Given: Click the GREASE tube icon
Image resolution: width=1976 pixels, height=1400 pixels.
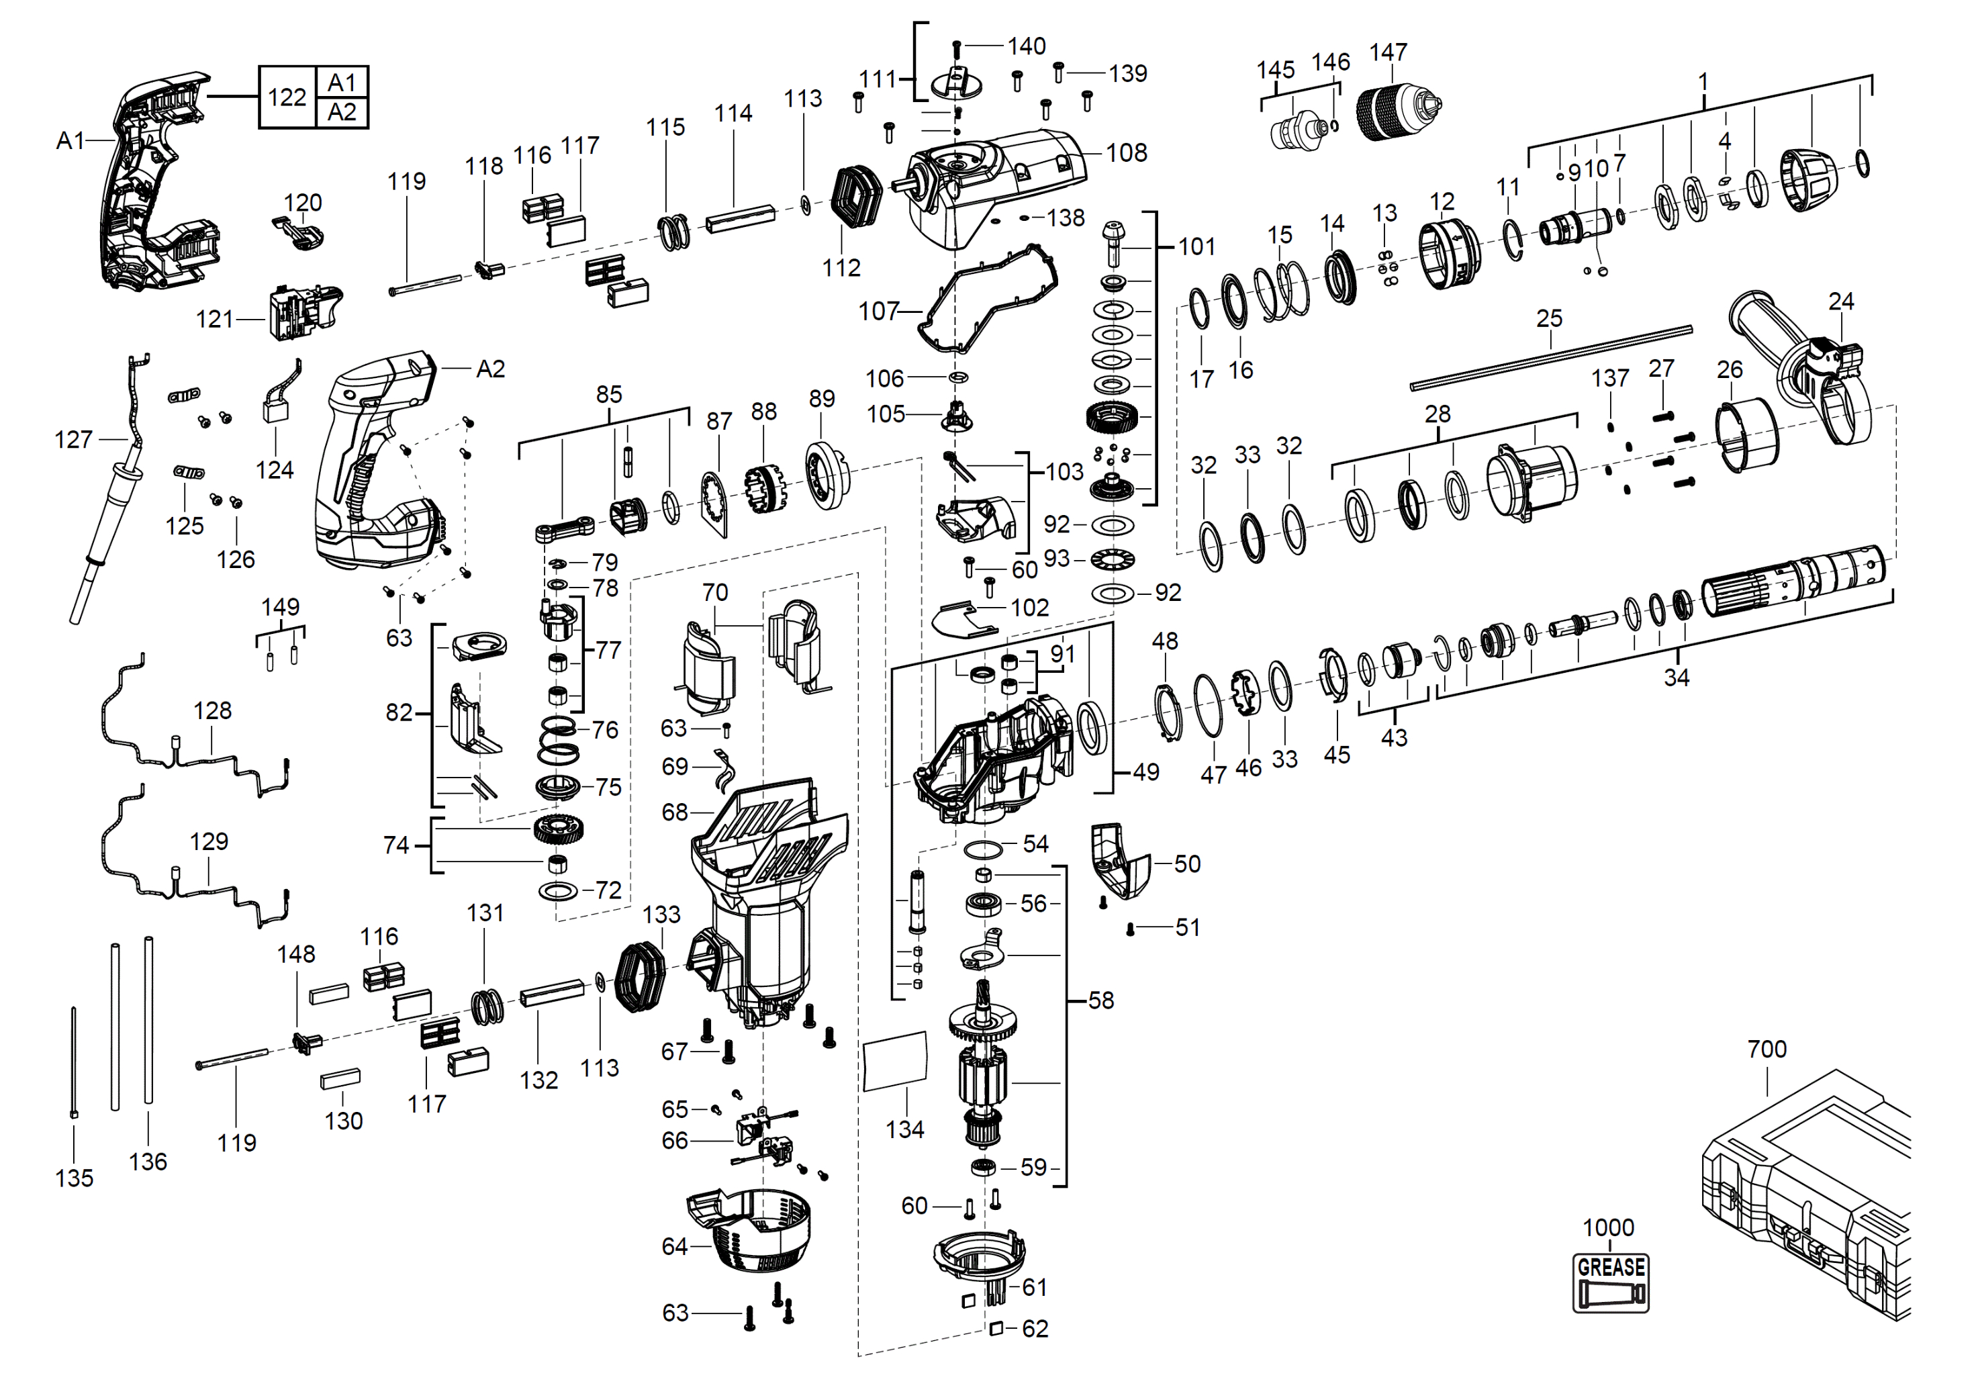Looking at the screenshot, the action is pyautogui.click(x=1611, y=1282).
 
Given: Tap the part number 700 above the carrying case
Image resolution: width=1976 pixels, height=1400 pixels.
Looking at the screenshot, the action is pyautogui.click(x=1767, y=1048).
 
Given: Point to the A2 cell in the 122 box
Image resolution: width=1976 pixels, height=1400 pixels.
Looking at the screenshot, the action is pyautogui.click(x=342, y=112).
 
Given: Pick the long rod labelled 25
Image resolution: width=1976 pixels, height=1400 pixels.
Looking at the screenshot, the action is pyautogui.click(x=1551, y=358).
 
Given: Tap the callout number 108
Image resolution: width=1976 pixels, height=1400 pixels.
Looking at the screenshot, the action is pyautogui.click(x=1126, y=152).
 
